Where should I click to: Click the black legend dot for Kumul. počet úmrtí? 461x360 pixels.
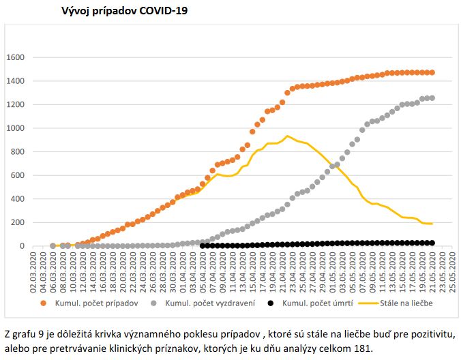pos(271,303)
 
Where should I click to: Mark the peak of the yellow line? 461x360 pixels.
pos(288,136)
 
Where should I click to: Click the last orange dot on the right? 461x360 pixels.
pos(432,72)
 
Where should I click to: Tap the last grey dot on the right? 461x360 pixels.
pos(432,98)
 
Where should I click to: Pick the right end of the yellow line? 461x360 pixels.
pos(432,224)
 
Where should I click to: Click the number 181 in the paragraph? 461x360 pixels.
pos(364,350)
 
